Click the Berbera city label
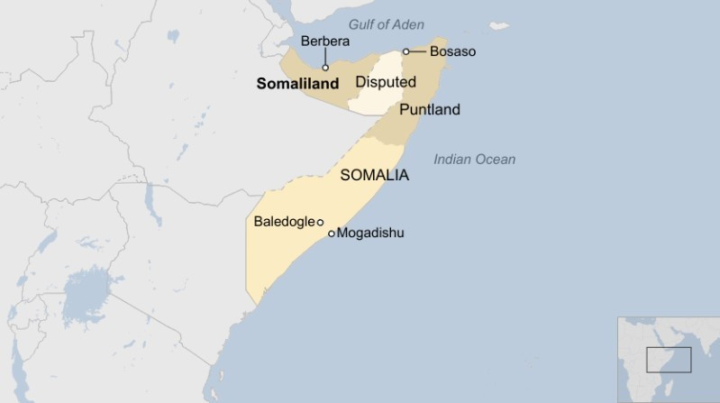point(324,41)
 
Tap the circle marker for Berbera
point(325,67)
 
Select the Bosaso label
point(452,51)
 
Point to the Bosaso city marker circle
point(406,51)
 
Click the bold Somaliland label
point(297,84)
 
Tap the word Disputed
point(386,82)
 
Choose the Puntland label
point(429,110)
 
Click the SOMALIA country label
point(374,176)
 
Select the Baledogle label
point(284,221)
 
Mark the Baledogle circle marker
point(321,222)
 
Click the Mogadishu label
point(371,233)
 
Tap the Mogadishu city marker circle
point(332,234)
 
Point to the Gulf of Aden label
point(387,24)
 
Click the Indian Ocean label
point(474,160)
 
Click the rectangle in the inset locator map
point(669,360)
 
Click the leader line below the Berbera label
point(325,56)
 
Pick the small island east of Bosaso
point(498,26)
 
